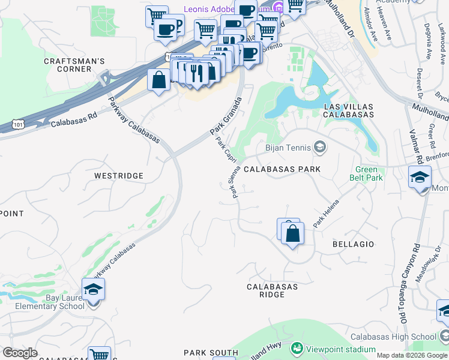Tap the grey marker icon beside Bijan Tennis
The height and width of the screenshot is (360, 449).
[319, 147]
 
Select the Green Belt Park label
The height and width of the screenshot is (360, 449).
[366, 174]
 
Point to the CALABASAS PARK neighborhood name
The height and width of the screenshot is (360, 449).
[282, 170]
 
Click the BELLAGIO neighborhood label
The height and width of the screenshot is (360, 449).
[353, 244]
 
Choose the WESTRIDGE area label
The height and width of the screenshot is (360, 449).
[119, 176]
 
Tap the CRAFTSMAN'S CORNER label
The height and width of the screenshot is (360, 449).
[74, 65]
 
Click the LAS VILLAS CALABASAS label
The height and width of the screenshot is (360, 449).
[348, 110]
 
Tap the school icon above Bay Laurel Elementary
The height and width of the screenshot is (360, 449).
[93, 290]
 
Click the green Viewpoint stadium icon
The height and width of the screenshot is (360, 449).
[296, 347]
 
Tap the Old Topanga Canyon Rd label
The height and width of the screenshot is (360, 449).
[407, 282]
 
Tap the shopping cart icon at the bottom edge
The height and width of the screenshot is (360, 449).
[99, 355]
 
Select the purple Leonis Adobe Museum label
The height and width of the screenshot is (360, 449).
[225, 9]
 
